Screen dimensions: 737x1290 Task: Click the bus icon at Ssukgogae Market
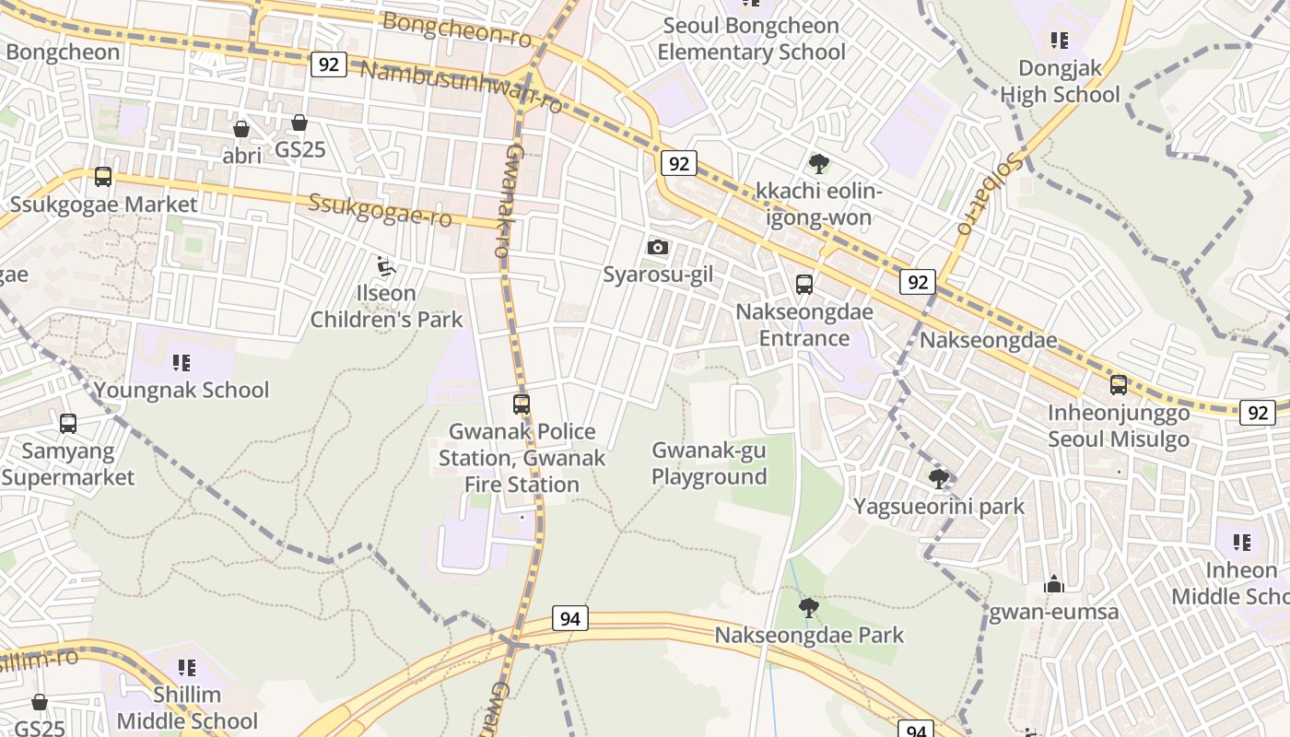click(103, 176)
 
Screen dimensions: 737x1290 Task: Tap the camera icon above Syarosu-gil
click(658, 247)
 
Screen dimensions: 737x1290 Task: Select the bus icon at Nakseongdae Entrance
click(804, 284)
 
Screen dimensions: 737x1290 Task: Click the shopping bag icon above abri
click(241, 128)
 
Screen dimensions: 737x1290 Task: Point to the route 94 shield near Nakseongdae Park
click(570, 618)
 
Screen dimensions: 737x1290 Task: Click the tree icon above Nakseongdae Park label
click(809, 607)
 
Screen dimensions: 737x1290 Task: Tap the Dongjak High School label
click(1060, 82)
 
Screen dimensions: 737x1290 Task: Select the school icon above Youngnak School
click(182, 362)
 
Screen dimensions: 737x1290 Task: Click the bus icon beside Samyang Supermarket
click(68, 423)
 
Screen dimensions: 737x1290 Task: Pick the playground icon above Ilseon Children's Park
click(386, 267)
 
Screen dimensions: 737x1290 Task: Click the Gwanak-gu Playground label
click(709, 463)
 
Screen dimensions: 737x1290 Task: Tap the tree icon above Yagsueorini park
click(939, 478)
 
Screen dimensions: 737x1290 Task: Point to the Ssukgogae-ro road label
click(380, 210)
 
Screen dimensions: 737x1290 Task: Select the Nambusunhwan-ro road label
click(461, 87)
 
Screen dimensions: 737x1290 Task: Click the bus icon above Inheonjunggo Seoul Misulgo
click(1119, 385)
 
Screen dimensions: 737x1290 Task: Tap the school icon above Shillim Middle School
click(187, 667)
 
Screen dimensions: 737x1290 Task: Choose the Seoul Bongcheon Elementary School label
click(751, 39)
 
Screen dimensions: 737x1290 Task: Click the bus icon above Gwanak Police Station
click(522, 404)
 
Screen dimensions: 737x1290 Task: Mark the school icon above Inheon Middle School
click(1241, 543)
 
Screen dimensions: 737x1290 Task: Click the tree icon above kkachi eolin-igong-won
click(818, 164)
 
